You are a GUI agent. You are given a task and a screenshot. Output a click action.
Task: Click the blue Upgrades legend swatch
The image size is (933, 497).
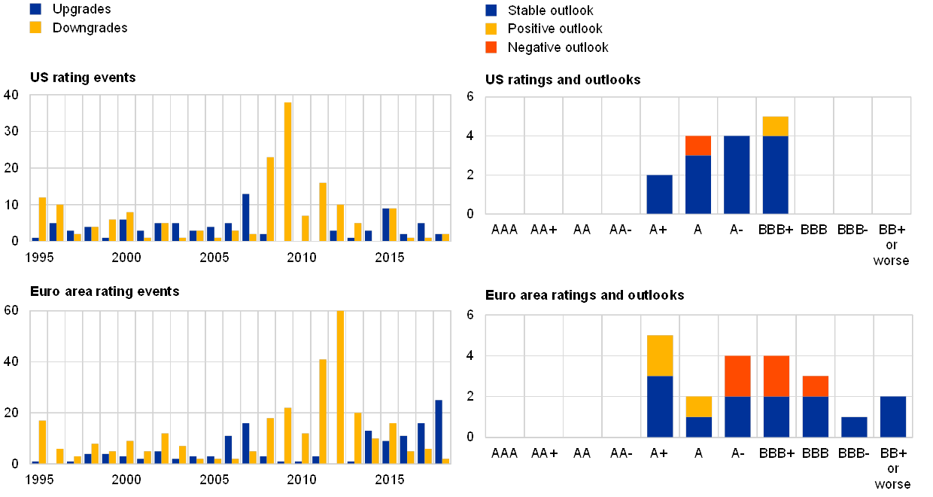click(35, 9)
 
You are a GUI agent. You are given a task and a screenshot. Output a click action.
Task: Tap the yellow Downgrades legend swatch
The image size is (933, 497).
click(35, 28)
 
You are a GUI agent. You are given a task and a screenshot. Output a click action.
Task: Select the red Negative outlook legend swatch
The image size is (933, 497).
click(491, 47)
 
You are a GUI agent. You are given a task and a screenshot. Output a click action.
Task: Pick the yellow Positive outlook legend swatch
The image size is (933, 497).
click(491, 29)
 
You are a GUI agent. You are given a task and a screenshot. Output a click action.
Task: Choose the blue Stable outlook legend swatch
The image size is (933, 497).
click(491, 11)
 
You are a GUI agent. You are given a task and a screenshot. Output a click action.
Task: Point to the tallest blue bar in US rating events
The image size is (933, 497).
click(245, 217)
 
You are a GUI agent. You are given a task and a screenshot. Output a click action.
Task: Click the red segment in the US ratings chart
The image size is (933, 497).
click(698, 145)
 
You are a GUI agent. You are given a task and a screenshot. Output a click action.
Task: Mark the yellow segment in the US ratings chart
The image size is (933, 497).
click(775, 126)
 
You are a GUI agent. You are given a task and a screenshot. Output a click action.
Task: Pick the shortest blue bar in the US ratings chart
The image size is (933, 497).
click(659, 194)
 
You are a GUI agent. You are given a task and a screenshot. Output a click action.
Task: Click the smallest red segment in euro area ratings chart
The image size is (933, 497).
click(815, 386)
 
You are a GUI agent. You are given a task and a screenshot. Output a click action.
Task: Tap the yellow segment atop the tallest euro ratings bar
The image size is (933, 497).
click(660, 355)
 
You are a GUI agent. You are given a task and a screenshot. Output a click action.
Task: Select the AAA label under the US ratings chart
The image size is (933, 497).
click(504, 229)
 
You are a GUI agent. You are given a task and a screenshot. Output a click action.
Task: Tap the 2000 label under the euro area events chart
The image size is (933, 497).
click(126, 477)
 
